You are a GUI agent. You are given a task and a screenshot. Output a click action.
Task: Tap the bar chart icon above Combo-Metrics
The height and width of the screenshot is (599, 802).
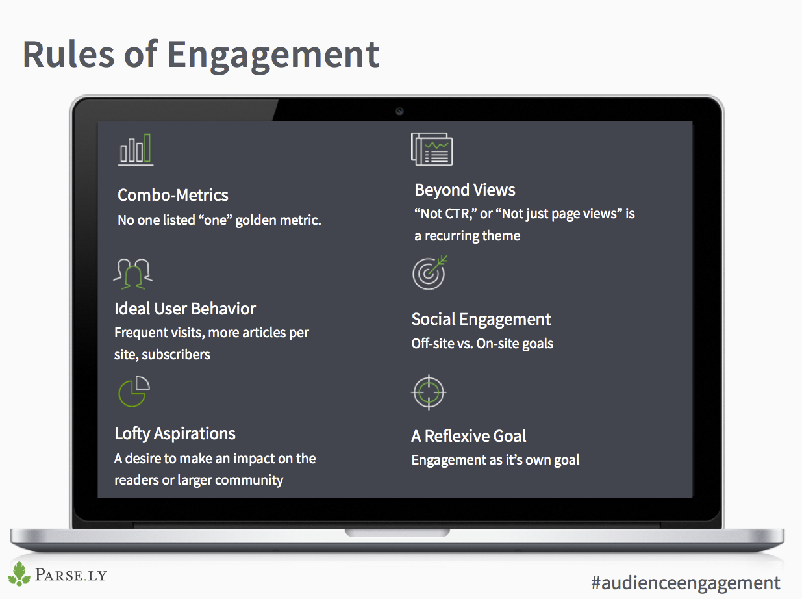tap(136, 150)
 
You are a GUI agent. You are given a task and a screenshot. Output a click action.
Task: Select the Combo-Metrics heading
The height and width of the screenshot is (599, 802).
tap(173, 195)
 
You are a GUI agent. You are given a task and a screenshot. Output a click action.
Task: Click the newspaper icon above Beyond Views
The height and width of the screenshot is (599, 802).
tap(431, 149)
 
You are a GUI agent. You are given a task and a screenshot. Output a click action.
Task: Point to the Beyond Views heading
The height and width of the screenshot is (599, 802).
tap(465, 190)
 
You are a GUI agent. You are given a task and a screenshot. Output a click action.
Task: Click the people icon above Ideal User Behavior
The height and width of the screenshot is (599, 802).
tap(133, 274)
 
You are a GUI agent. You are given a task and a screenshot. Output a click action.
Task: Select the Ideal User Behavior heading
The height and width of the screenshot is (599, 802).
tap(185, 309)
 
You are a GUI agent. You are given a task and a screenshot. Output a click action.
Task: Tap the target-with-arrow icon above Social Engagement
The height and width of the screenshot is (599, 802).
tap(430, 273)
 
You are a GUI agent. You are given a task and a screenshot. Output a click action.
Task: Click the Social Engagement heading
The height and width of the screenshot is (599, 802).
tap(481, 320)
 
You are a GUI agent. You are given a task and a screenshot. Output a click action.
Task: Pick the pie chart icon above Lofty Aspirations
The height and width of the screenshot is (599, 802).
tap(134, 392)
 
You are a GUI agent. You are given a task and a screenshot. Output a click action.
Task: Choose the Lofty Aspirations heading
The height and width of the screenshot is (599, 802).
tap(175, 434)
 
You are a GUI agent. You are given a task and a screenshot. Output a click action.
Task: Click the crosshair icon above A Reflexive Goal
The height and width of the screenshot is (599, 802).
tap(429, 392)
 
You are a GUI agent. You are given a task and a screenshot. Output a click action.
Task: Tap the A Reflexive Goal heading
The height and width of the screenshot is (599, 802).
tap(469, 436)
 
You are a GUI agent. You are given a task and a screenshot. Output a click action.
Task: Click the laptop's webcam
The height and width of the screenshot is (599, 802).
tap(399, 111)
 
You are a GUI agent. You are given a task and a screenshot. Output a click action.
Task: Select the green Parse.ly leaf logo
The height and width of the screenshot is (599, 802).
tap(19, 574)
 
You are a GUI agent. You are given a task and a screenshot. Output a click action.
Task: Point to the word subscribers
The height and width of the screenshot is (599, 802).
tap(176, 355)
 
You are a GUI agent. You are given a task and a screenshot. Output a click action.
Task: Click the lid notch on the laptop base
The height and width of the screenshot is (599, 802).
tap(397, 533)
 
